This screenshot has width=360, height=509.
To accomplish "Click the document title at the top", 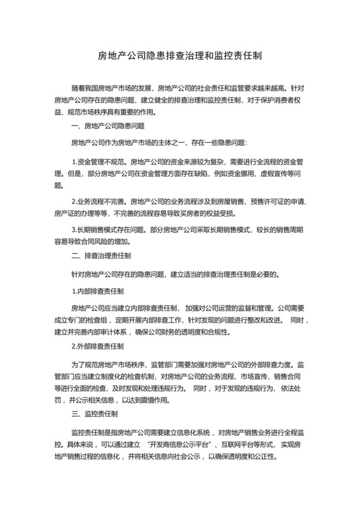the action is [x=179, y=56].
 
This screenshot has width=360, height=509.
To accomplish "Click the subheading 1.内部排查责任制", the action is [x=98, y=290].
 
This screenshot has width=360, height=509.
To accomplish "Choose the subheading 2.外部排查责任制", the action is [x=98, y=348].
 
